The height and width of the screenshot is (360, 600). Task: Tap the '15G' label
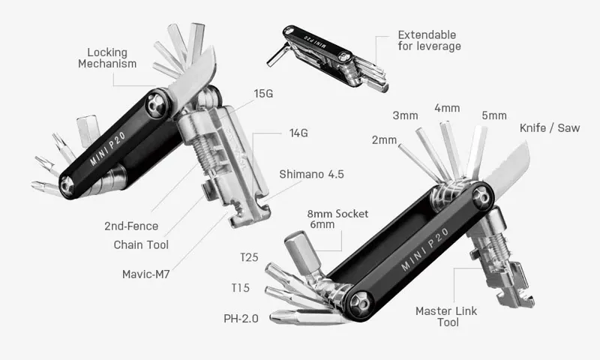[x=264, y=94]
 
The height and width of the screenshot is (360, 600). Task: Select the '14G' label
[x=299, y=133]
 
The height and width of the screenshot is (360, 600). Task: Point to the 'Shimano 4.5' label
[x=311, y=174]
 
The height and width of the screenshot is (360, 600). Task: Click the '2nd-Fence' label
[x=131, y=226]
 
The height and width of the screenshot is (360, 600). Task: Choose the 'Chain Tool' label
[x=141, y=244]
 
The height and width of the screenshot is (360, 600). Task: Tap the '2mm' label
[x=383, y=140]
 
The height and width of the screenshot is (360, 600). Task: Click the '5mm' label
[x=494, y=115]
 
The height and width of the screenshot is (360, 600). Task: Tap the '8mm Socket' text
[x=337, y=214]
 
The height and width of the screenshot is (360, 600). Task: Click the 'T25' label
[x=250, y=258]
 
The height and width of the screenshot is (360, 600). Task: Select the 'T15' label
[x=241, y=288]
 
